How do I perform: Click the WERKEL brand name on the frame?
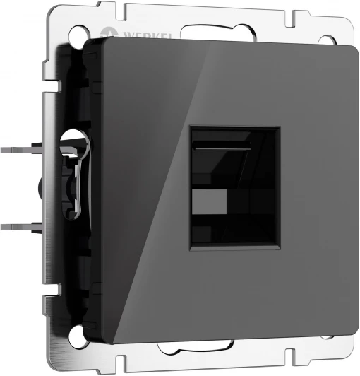[x=148, y=35]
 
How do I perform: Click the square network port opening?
[x=235, y=188]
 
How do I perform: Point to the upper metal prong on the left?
[x=21, y=150]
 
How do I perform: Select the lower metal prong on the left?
[x=21, y=226]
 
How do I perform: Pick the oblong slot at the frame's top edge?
[x=218, y=32]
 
